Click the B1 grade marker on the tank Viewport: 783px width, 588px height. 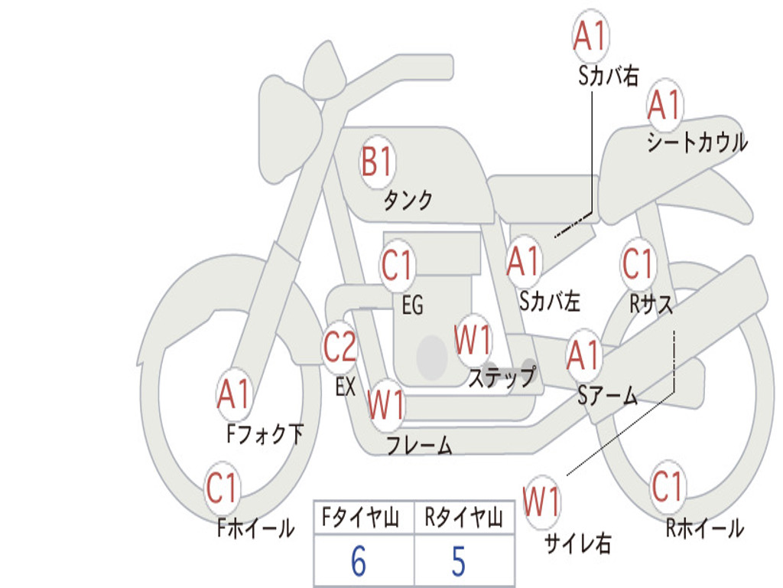(377, 163)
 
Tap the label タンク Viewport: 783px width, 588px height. (408, 201)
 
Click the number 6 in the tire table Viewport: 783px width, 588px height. (358, 562)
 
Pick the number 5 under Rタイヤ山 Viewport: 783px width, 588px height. (458, 562)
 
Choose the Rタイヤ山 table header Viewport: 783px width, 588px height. (463, 519)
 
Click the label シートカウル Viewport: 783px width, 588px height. (697, 142)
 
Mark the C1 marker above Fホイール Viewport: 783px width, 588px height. (223, 488)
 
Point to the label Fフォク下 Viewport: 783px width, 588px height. (265, 435)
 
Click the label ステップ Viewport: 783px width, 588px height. (502, 378)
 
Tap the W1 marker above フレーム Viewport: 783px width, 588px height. (386, 405)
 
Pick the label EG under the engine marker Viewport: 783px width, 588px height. (412, 306)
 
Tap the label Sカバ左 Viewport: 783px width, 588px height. (550, 302)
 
